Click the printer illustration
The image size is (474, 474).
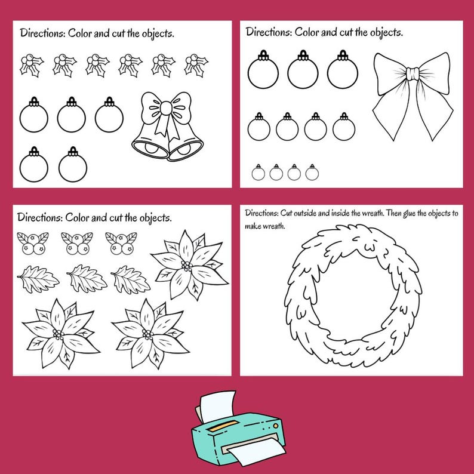(237, 428)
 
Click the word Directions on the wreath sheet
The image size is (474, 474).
(261, 213)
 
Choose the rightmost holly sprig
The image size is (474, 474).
(196, 64)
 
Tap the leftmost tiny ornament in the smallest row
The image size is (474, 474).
(258, 173)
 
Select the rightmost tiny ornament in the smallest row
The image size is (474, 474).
(312, 173)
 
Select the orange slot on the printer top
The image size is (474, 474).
(220, 424)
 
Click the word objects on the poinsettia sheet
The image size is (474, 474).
(150, 217)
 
